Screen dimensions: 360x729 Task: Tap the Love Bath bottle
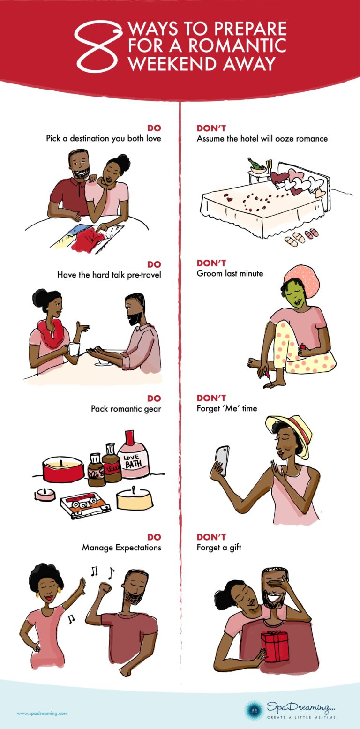(x=133, y=454)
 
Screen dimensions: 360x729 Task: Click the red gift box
(x=275, y=646)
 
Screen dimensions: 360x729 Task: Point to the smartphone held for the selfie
(x=222, y=461)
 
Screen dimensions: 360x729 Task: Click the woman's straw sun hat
(x=290, y=432)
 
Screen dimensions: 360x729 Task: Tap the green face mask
(x=293, y=295)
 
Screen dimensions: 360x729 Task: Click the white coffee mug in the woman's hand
(x=74, y=349)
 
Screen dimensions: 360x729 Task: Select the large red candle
(x=63, y=469)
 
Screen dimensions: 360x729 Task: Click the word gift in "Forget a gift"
(x=235, y=548)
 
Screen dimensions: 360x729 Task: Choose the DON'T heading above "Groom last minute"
(x=211, y=263)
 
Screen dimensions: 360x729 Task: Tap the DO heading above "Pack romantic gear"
(x=154, y=398)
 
